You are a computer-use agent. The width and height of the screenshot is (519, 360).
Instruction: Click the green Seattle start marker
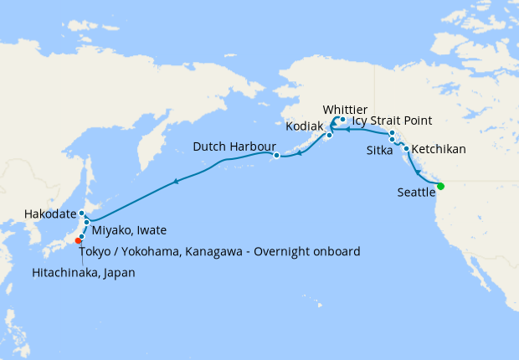pyautogui.click(x=440, y=187)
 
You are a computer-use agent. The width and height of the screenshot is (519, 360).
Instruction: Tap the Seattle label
pyautogui.click(x=416, y=193)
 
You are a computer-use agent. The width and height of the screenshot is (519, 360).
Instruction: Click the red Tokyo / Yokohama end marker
pyautogui.click(x=79, y=241)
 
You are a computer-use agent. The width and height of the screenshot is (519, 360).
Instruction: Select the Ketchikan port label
pyautogui.click(x=439, y=150)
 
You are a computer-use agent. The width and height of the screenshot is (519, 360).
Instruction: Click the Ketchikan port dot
pyautogui.click(x=406, y=148)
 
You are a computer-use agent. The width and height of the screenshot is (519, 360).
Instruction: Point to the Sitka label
pyautogui.click(x=379, y=151)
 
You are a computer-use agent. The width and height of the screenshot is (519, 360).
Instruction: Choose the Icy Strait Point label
pyautogui.click(x=393, y=121)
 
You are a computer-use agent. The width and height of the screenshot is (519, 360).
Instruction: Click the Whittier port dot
pyautogui.click(x=343, y=120)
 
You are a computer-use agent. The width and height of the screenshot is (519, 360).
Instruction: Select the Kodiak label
pyautogui.click(x=304, y=126)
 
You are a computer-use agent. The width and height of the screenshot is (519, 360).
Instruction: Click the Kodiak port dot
pyautogui.click(x=330, y=136)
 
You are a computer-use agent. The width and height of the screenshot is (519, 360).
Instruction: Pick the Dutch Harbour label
pyautogui.click(x=235, y=147)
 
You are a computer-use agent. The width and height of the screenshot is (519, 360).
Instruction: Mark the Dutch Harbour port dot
pyautogui.click(x=275, y=155)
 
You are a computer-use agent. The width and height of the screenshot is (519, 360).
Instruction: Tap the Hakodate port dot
pyautogui.click(x=81, y=213)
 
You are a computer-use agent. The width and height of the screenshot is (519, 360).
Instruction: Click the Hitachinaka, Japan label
pyautogui.click(x=83, y=272)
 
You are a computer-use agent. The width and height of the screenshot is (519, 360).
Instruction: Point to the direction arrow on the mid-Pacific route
pyautogui.click(x=176, y=181)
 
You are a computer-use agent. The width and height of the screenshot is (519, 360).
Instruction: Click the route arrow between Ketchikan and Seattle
pyautogui.click(x=417, y=172)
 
